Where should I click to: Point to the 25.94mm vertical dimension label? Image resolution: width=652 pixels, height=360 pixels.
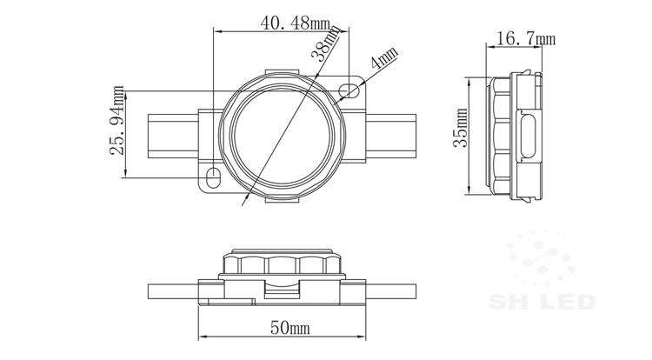click(118, 121)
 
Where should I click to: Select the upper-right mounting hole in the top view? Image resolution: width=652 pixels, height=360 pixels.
click(349, 90)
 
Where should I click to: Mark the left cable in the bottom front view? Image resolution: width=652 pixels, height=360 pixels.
click(174, 290)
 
